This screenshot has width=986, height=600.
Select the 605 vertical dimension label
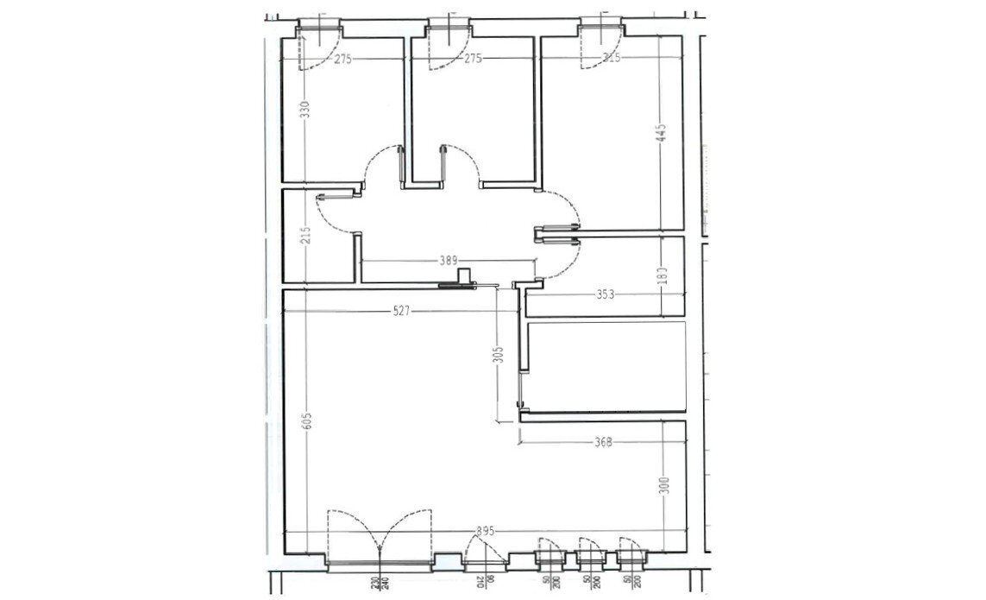(x=307, y=422)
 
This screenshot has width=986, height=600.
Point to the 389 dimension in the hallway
(x=447, y=260)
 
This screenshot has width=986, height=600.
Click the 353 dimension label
(x=605, y=294)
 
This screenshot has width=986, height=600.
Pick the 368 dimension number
(x=603, y=443)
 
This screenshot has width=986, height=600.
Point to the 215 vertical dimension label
(x=305, y=236)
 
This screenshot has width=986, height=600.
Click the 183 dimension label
(x=662, y=275)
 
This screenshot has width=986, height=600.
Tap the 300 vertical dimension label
(x=663, y=486)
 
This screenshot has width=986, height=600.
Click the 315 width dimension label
(x=611, y=59)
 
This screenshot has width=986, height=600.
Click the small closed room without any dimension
(x=606, y=364)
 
